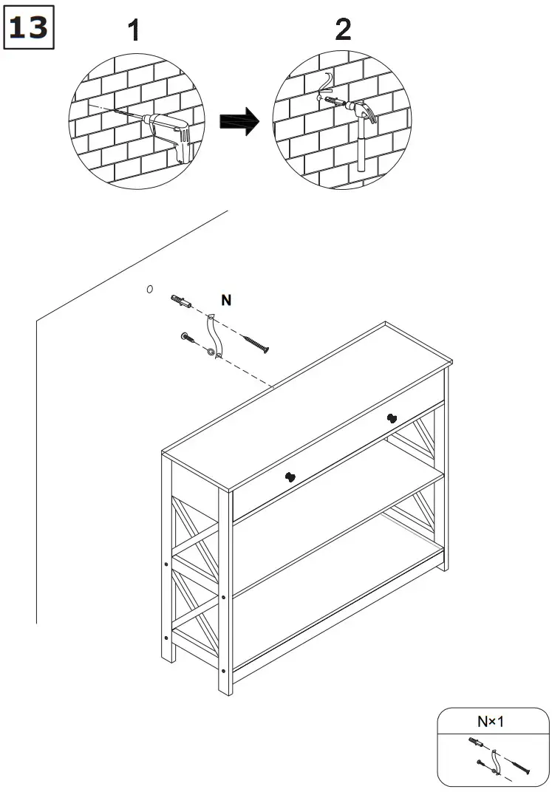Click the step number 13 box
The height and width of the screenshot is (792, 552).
29,27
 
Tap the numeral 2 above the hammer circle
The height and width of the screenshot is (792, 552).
343,30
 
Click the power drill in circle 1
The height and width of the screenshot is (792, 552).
169,134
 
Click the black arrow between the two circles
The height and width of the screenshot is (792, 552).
239,121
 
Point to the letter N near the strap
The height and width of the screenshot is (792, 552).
226,300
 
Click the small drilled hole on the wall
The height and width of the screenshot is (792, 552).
149,289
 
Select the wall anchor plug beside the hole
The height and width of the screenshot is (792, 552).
181,301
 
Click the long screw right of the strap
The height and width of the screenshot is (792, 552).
256,344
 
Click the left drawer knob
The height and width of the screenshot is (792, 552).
290,477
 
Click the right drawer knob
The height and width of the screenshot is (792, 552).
392,418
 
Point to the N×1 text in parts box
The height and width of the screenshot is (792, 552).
491,721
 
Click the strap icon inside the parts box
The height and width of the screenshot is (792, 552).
495,762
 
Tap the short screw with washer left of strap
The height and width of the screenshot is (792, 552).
188,338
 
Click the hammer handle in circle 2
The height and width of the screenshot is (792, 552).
361,146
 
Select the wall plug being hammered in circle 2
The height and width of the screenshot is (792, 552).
334,101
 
